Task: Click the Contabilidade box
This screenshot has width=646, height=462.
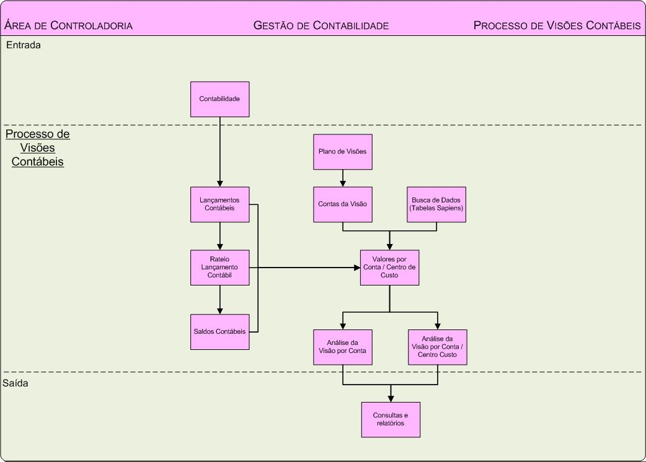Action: point(219,99)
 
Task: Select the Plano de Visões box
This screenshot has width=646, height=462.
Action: point(343,152)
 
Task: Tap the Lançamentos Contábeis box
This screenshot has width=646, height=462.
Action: point(219,204)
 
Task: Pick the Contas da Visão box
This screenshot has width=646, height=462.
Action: point(343,204)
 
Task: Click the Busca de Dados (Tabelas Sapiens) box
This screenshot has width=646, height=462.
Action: point(436,204)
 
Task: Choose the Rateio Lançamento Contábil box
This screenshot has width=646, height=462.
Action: point(219,268)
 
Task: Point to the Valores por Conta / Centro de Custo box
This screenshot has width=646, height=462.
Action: point(389,268)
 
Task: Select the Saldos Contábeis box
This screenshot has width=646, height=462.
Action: point(219,331)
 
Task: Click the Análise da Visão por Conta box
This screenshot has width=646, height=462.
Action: point(343,347)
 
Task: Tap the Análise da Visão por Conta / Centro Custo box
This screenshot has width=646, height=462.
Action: point(437,347)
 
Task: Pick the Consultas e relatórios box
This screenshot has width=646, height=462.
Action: point(391,419)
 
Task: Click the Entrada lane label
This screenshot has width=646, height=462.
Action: point(24,45)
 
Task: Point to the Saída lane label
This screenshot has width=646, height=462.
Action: point(16,383)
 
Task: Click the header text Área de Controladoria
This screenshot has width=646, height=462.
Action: point(68,25)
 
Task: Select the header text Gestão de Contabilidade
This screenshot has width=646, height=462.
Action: point(321,25)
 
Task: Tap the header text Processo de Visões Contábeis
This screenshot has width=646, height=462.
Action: point(557,25)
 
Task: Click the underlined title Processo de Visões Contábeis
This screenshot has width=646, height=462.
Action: point(37,148)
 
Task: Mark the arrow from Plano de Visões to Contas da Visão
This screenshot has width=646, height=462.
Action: point(343,178)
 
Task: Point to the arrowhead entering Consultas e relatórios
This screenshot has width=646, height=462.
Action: point(391,398)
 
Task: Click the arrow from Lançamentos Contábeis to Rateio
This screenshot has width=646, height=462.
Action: point(219,236)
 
